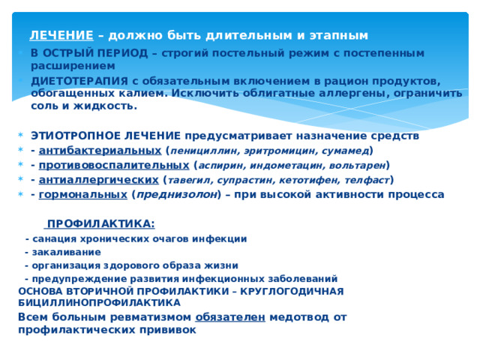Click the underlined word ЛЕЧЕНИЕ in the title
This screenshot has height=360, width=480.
pos(61,35)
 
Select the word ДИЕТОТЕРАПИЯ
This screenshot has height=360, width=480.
pos(79,81)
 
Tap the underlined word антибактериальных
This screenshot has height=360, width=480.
pos(100,151)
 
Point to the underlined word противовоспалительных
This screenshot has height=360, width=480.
pos(114,165)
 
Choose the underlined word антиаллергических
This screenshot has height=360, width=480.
pos(98,180)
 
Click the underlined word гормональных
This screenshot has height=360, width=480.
pos(83,194)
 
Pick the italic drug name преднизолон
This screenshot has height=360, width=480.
pos(177,194)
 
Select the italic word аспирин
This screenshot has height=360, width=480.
pos(222,166)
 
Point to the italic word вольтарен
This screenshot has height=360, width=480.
pos(357,165)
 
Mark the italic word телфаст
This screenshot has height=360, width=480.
pos(367,180)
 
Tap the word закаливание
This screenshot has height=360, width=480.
pos(67,252)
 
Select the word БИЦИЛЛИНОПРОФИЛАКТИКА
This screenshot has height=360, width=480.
pos(100,303)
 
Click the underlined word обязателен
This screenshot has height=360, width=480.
pos(230,317)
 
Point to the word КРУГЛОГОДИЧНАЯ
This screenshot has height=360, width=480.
pos(292,291)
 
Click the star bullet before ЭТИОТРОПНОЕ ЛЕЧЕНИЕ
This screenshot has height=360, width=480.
pos(21,135)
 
